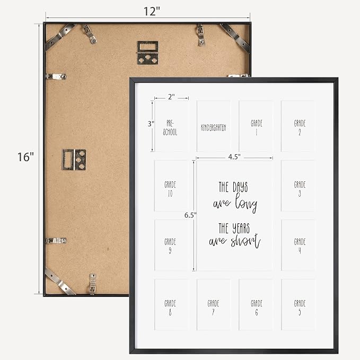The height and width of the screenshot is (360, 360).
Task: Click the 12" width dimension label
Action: click(x=152, y=11)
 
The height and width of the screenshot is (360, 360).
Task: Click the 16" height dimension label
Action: click(x=25, y=157)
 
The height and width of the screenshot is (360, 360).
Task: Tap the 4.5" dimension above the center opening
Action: click(x=234, y=157)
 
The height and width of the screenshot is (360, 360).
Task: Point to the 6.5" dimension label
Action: click(x=190, y=215)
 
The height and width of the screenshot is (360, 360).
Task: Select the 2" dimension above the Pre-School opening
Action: click(x=171, y=97)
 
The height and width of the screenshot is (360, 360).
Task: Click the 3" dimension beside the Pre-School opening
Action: click(x=151, y=124)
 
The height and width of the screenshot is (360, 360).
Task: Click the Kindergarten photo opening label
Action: click(x=214, y=128)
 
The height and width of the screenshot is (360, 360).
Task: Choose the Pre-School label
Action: click(x=170, y=128)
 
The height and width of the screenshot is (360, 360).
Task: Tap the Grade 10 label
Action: click(x=170, y=189)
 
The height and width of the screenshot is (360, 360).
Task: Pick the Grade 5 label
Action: click(x=300, y=308)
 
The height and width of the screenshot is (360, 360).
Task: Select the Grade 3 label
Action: click(x=300, y=189)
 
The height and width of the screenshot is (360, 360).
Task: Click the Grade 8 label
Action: click(x=170, y=308)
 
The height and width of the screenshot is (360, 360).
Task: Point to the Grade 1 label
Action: click(x=257, y=128)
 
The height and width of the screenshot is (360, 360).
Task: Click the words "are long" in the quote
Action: click(x=235, y=203)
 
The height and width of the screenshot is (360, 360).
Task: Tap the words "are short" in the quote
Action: click(x=235, y=241)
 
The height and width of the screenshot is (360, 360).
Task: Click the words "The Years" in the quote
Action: click(x=234, y=228)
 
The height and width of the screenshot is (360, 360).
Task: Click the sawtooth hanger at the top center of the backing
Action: click(x=147, y=52)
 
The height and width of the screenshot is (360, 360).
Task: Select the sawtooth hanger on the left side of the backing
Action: click(x=74, y=160)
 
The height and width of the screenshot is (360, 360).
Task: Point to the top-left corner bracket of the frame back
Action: click(x=60, y=36)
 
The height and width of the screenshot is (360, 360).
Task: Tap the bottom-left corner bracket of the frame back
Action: click(x=60, y=281)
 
